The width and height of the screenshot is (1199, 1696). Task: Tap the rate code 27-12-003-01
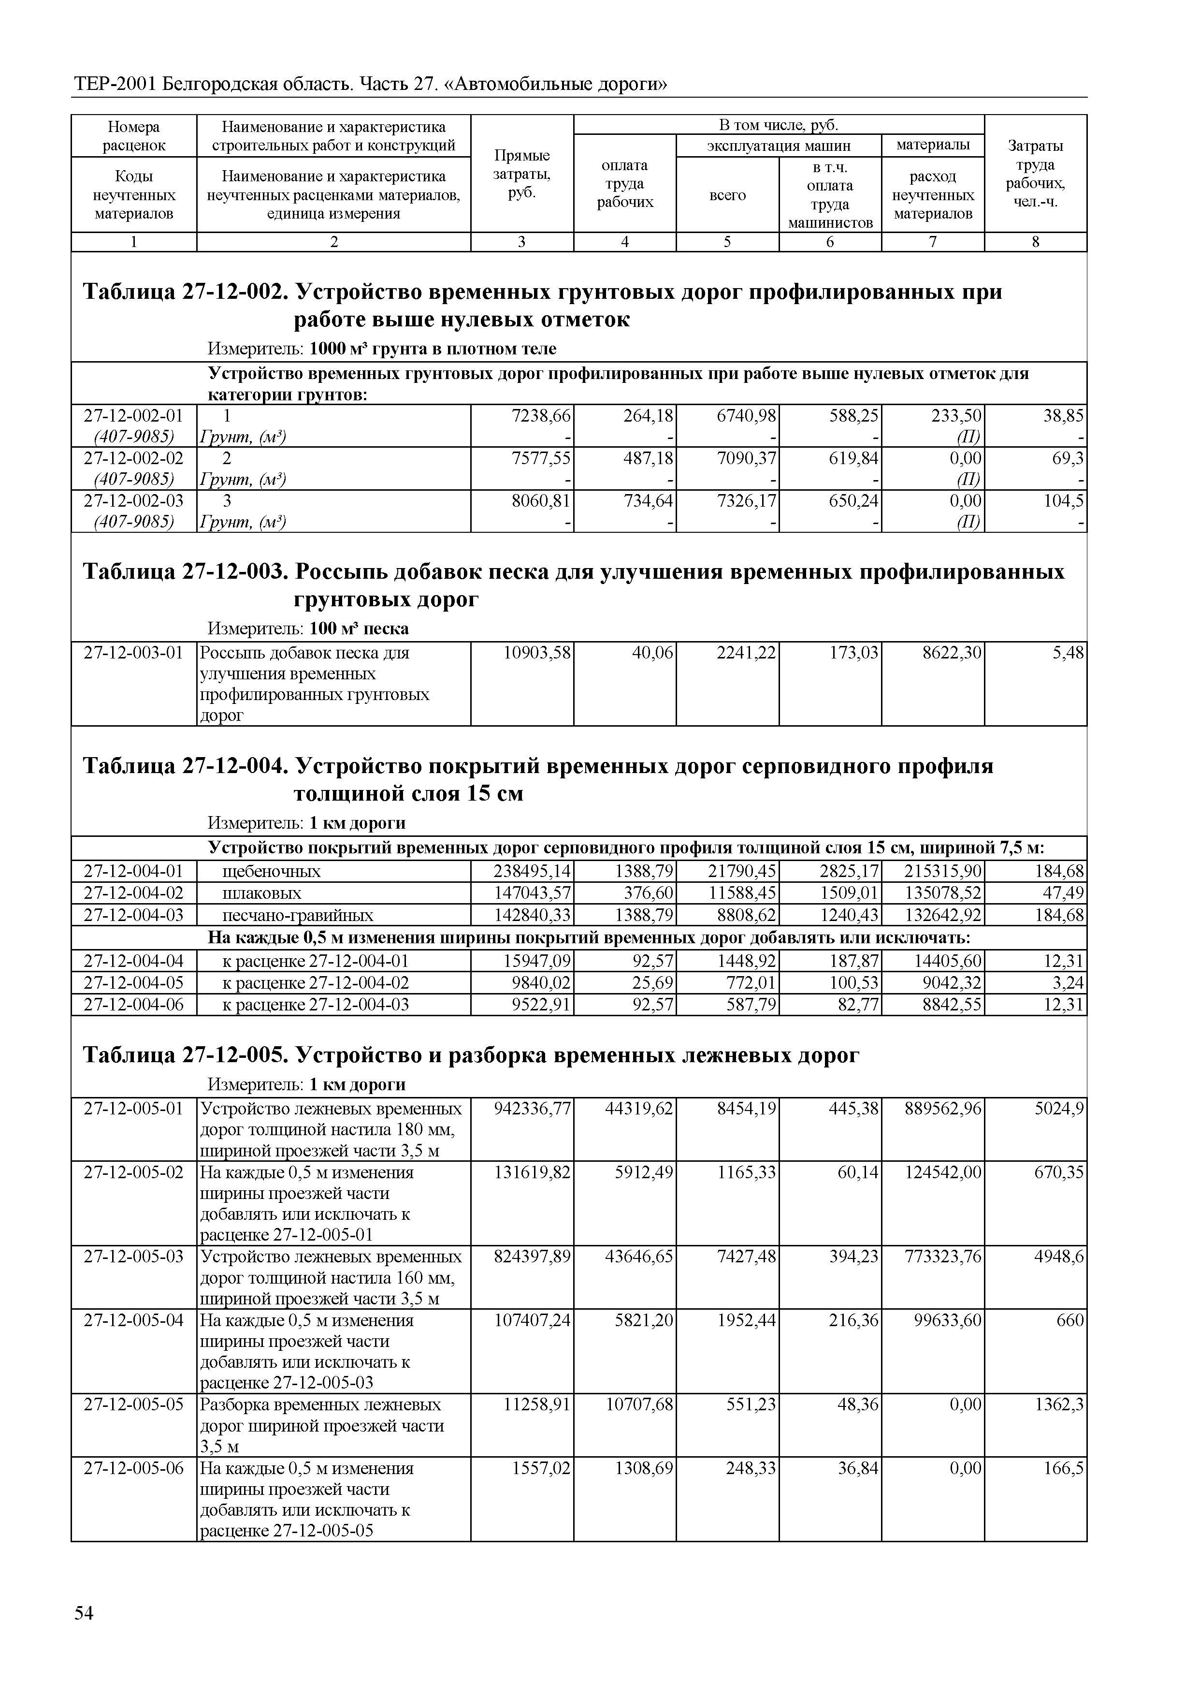point(134,653)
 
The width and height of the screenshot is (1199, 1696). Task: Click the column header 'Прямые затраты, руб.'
point(521,175)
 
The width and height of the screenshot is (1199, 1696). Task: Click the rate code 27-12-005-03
point(134,1257)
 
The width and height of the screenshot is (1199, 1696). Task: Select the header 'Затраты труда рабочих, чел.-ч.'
point(1035,175)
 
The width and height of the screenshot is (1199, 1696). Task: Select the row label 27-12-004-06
point(134,1005)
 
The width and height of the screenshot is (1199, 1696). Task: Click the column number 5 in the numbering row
point(727,242)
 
